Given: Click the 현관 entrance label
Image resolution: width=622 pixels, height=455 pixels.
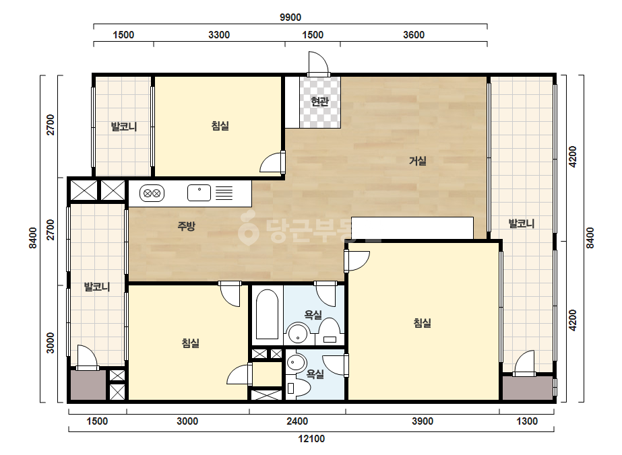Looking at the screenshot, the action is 319,102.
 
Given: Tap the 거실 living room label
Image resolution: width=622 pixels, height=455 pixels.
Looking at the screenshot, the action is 418,161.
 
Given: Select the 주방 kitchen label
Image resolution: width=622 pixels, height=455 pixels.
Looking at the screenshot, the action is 186,226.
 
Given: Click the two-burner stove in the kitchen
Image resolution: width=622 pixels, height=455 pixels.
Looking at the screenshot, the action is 152,193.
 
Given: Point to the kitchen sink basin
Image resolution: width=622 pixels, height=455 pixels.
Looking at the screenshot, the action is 199,193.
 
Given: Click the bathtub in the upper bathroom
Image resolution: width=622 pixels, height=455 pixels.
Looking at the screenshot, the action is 268,315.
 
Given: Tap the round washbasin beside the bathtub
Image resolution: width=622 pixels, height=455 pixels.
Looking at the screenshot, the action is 298,333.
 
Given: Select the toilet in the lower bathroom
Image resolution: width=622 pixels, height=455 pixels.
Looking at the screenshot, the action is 298,388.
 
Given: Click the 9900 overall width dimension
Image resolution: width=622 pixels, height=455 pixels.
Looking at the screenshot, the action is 290,17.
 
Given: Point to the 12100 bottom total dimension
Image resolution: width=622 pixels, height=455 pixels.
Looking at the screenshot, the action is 311,439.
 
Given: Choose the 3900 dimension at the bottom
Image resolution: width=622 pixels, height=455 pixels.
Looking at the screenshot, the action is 423,421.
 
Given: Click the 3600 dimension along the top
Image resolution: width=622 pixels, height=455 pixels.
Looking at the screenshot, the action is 414,35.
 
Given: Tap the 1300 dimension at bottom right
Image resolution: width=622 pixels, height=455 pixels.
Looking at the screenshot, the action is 527,421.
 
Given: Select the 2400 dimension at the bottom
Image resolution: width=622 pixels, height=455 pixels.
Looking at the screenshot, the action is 297,421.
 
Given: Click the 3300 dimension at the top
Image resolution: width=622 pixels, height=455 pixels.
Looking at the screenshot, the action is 219,35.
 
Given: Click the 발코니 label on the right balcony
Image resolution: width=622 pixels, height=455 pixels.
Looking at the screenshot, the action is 522,223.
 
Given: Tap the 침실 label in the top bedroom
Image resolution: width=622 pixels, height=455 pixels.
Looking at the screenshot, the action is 220,126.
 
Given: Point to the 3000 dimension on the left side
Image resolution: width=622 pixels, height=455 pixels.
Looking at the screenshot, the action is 50,343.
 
